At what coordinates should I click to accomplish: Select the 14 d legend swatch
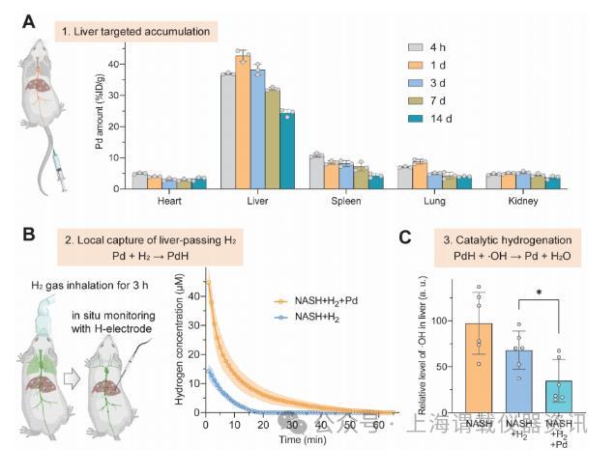(417, 119)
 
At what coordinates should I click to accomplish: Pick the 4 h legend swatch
(417, 45)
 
